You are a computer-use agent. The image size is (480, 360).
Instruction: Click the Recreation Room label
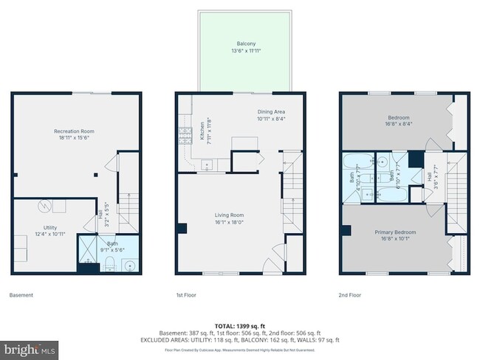pos(77,131)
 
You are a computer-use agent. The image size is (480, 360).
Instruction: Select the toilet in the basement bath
pos(108,263)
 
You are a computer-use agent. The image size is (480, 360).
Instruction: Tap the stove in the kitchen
pos(181,136)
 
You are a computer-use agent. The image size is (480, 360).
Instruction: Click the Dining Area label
pos(271,112)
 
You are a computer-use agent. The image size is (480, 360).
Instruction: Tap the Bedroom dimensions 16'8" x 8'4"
pos(399,123)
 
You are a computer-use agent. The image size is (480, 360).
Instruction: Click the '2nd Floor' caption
pos(351,295)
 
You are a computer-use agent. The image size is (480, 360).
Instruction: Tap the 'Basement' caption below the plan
pos(21,295)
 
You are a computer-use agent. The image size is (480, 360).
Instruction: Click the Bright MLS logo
pos(30,347)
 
